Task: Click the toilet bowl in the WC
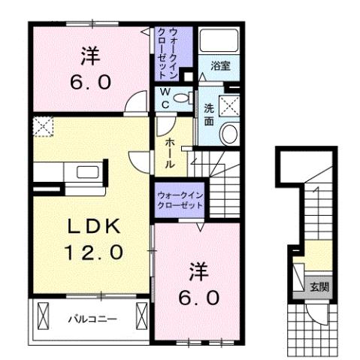(185, 98)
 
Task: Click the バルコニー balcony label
(92, 319)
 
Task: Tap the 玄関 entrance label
(319, 286)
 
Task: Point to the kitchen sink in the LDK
(83, 171)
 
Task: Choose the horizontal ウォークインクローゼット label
(180, 199)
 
